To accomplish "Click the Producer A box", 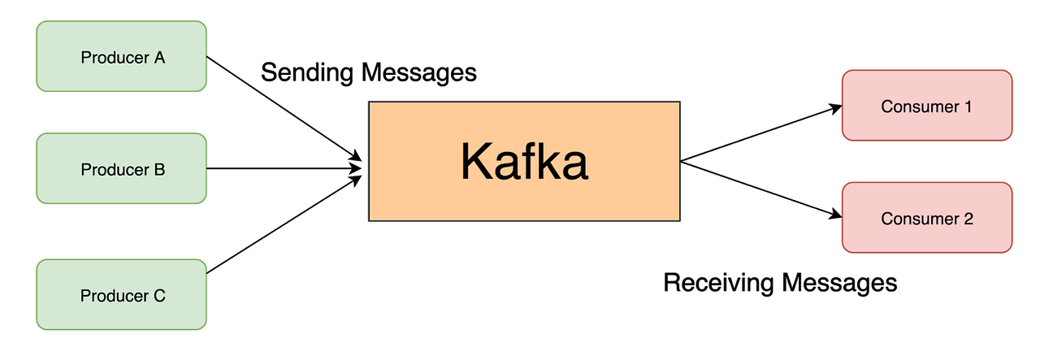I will click(122, 57).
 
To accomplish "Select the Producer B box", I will click(122, 168).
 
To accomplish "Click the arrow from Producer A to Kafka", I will click(284, 108).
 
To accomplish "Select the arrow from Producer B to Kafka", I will click(284, 169).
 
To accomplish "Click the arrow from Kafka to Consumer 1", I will click(760, 134).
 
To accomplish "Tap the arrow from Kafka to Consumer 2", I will click(760, 189).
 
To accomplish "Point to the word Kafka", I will click(524, 162).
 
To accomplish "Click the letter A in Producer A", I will click(160, 58).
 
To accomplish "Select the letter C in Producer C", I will click(160, 296).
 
